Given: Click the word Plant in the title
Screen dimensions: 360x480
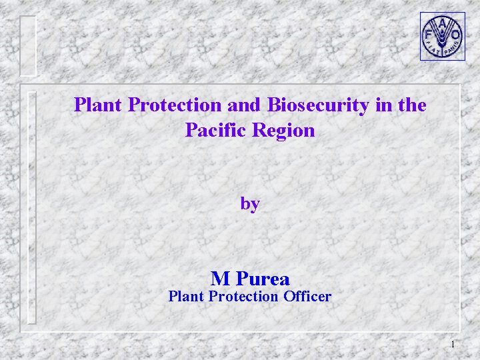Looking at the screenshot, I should click(99, 105).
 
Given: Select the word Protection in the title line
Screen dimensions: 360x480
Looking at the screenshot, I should click(175, 105).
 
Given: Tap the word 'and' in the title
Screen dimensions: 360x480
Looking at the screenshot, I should click(245, 105).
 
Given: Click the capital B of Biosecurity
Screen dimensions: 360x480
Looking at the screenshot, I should click(273, 105).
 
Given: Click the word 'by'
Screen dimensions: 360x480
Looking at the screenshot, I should click(250, 204).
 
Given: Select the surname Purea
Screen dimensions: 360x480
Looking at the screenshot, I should click(263, 278).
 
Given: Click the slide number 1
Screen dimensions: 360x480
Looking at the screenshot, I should click(453, 344).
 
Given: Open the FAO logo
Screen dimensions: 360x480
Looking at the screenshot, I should click(442, 36).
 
